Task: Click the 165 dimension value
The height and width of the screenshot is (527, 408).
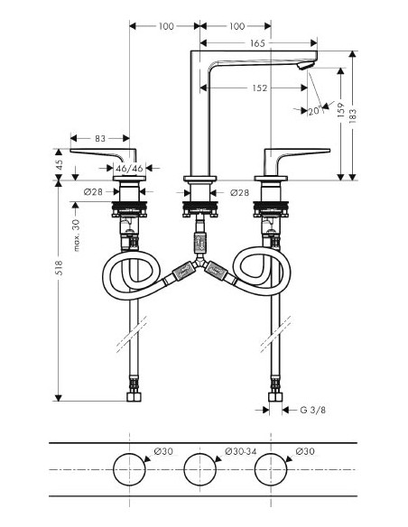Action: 257,42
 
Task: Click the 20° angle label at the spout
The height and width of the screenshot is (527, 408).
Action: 313,111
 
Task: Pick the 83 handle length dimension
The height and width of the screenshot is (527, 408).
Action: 100,138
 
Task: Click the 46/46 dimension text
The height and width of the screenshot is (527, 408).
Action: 131,168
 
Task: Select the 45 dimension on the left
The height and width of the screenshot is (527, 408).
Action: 60,165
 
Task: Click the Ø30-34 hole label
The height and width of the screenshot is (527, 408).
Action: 238,451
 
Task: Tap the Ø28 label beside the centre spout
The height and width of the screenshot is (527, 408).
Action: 238,192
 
